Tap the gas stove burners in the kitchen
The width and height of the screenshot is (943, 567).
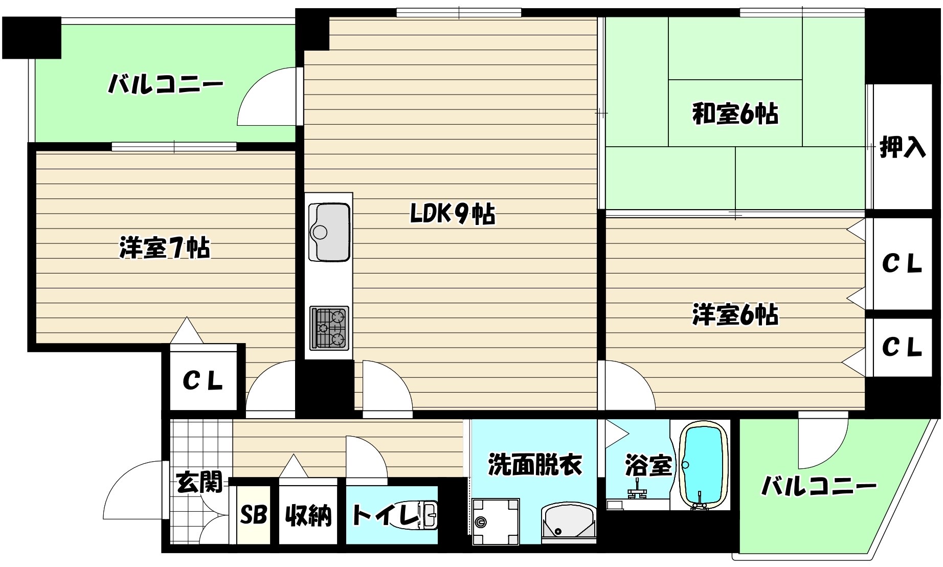pyautogui.click(x=329, y=328)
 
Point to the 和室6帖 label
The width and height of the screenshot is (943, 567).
pyautogui.click(x=735, y=114)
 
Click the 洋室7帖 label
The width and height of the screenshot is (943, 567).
pyautogui.click(x=165, y=248)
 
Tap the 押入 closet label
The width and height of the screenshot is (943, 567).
pyautogui.click(x=902, y=148)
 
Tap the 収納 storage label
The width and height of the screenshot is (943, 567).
pyautogui.click(x=308, y=515)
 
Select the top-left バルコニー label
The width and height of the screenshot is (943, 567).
pyautogui.click(x=165, y=84)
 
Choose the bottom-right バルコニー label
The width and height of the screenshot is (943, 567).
pyautogui.click(x=819, y=486)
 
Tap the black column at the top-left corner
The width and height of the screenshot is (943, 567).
pyautogui.click(x=32, y=37)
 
